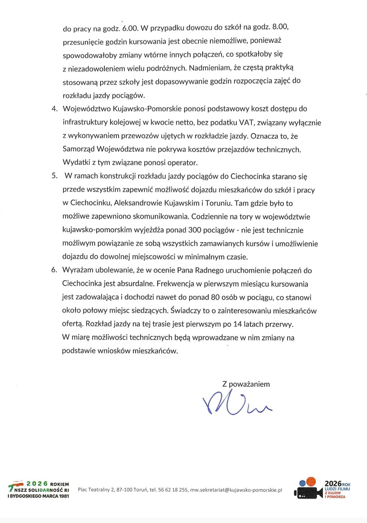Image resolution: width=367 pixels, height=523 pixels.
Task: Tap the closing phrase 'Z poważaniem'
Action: (x=246, y=384)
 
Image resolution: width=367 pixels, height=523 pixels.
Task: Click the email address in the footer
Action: (x=236, y=490)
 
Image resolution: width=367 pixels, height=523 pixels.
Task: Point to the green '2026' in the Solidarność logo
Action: (x=37, y=484)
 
